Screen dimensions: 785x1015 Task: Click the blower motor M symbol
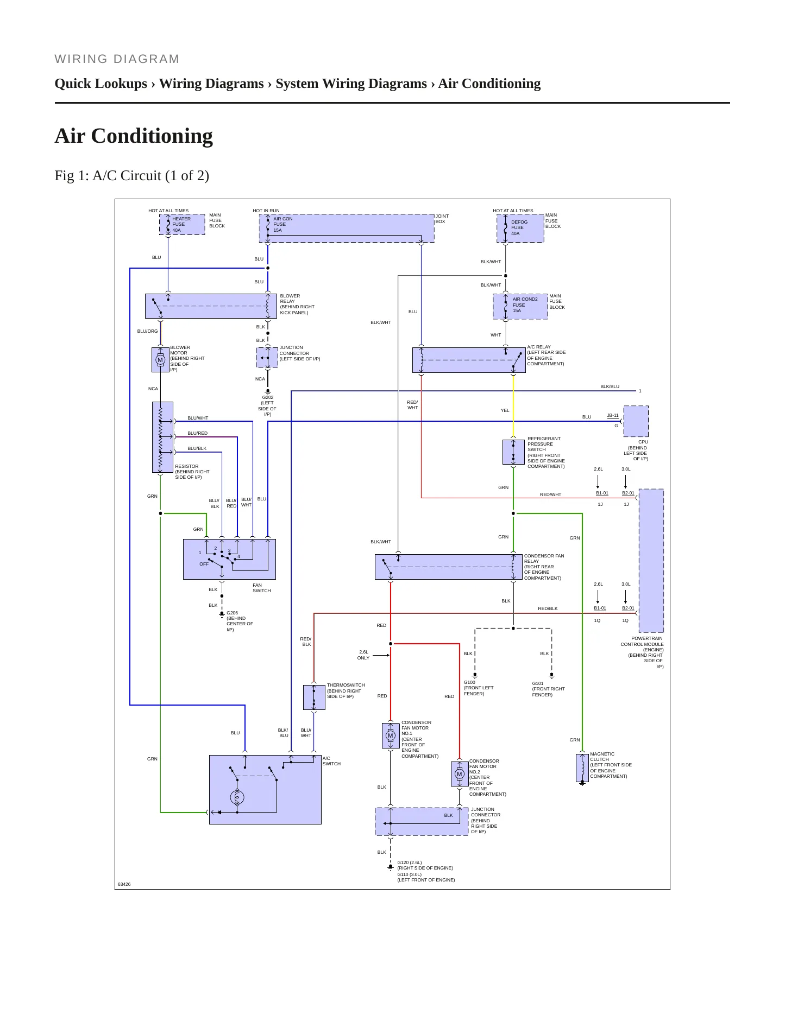tap(160, 359)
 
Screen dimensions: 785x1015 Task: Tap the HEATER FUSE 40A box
tap(182, 224)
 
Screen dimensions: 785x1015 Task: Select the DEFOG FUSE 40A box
tap(520, 228)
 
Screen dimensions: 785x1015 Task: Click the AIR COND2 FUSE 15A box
tap(520, 307)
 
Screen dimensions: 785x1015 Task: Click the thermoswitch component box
tap(314, 697)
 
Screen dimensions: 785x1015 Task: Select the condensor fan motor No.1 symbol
tap(391, 735)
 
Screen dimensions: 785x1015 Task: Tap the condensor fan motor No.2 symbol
tap(460, 774)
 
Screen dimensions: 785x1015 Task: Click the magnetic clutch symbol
tap(582, 768)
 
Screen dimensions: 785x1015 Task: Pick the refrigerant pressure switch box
tap(513, 452)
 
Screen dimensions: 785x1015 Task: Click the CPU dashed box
tap(636, 421)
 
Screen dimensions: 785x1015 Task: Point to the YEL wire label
tap(505, 410)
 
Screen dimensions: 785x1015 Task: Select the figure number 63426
tap(124, 884)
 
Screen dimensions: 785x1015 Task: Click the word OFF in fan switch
tap(204, 564)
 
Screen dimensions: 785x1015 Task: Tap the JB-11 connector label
tap(613, 415)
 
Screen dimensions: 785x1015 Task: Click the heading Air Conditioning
tap(134, 136)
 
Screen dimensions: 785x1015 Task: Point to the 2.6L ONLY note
tap(363, 655)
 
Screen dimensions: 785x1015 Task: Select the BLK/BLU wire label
tap(610, 386)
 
